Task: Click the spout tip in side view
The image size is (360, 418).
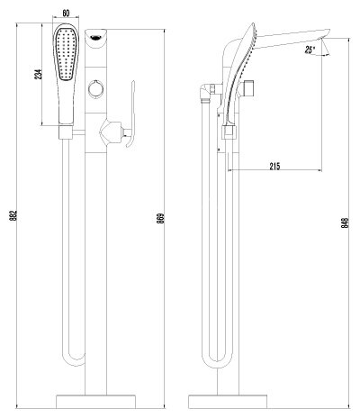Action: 319,41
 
